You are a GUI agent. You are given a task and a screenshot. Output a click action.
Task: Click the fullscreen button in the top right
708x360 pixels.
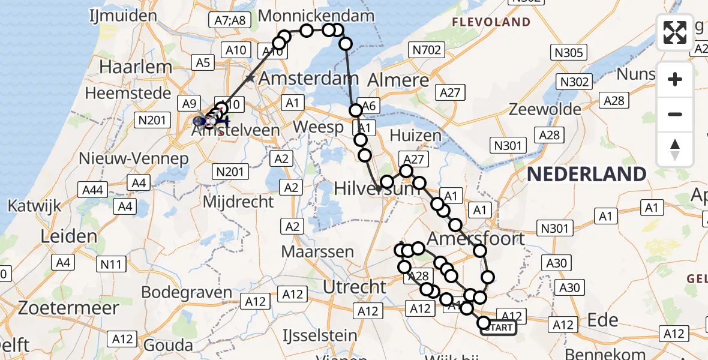pos(675,32)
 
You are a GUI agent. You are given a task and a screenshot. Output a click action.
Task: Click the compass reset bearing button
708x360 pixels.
pos(675,149)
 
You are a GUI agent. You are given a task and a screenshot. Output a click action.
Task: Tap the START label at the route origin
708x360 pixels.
pos(498,328)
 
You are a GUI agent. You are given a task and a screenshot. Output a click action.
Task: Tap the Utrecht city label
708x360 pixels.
pos(354,287)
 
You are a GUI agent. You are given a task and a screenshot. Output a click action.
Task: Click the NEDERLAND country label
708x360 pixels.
pos(586,175)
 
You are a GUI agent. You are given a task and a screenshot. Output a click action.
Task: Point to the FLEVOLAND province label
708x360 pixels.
pos(491,22)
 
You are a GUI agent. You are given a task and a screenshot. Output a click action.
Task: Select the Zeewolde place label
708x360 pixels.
pos(545,109)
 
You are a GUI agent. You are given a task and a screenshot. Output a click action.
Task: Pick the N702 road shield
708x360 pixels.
pos(427,50)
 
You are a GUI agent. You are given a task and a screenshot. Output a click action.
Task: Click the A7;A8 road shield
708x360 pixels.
pos(230,20)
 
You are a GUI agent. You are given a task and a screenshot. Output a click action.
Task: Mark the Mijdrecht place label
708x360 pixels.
pos(238,202)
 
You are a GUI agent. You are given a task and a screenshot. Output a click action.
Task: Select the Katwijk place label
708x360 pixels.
pos(34,206)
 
